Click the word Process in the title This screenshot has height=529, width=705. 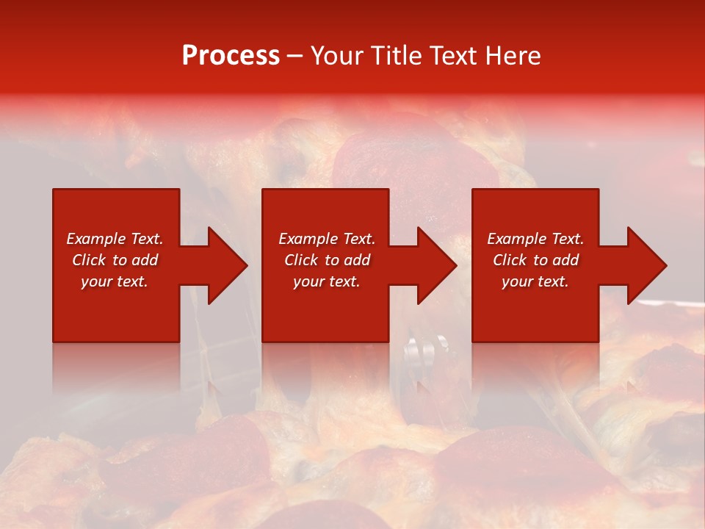(231, 56)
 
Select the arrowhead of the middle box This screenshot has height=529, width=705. (436, 265)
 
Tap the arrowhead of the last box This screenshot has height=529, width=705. (646, 265)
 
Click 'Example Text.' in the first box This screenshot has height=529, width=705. (115, 239)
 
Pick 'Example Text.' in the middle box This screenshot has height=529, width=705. (327, 239)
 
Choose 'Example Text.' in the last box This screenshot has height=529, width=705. (535, 239)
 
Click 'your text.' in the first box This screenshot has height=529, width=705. (115, 281)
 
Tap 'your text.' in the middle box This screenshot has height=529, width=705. (327, 281)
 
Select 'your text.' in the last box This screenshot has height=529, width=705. (535, 281)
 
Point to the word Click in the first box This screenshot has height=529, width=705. (90, 260)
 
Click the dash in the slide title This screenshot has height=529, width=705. (295, 56)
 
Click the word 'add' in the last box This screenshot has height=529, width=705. (564, 260)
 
